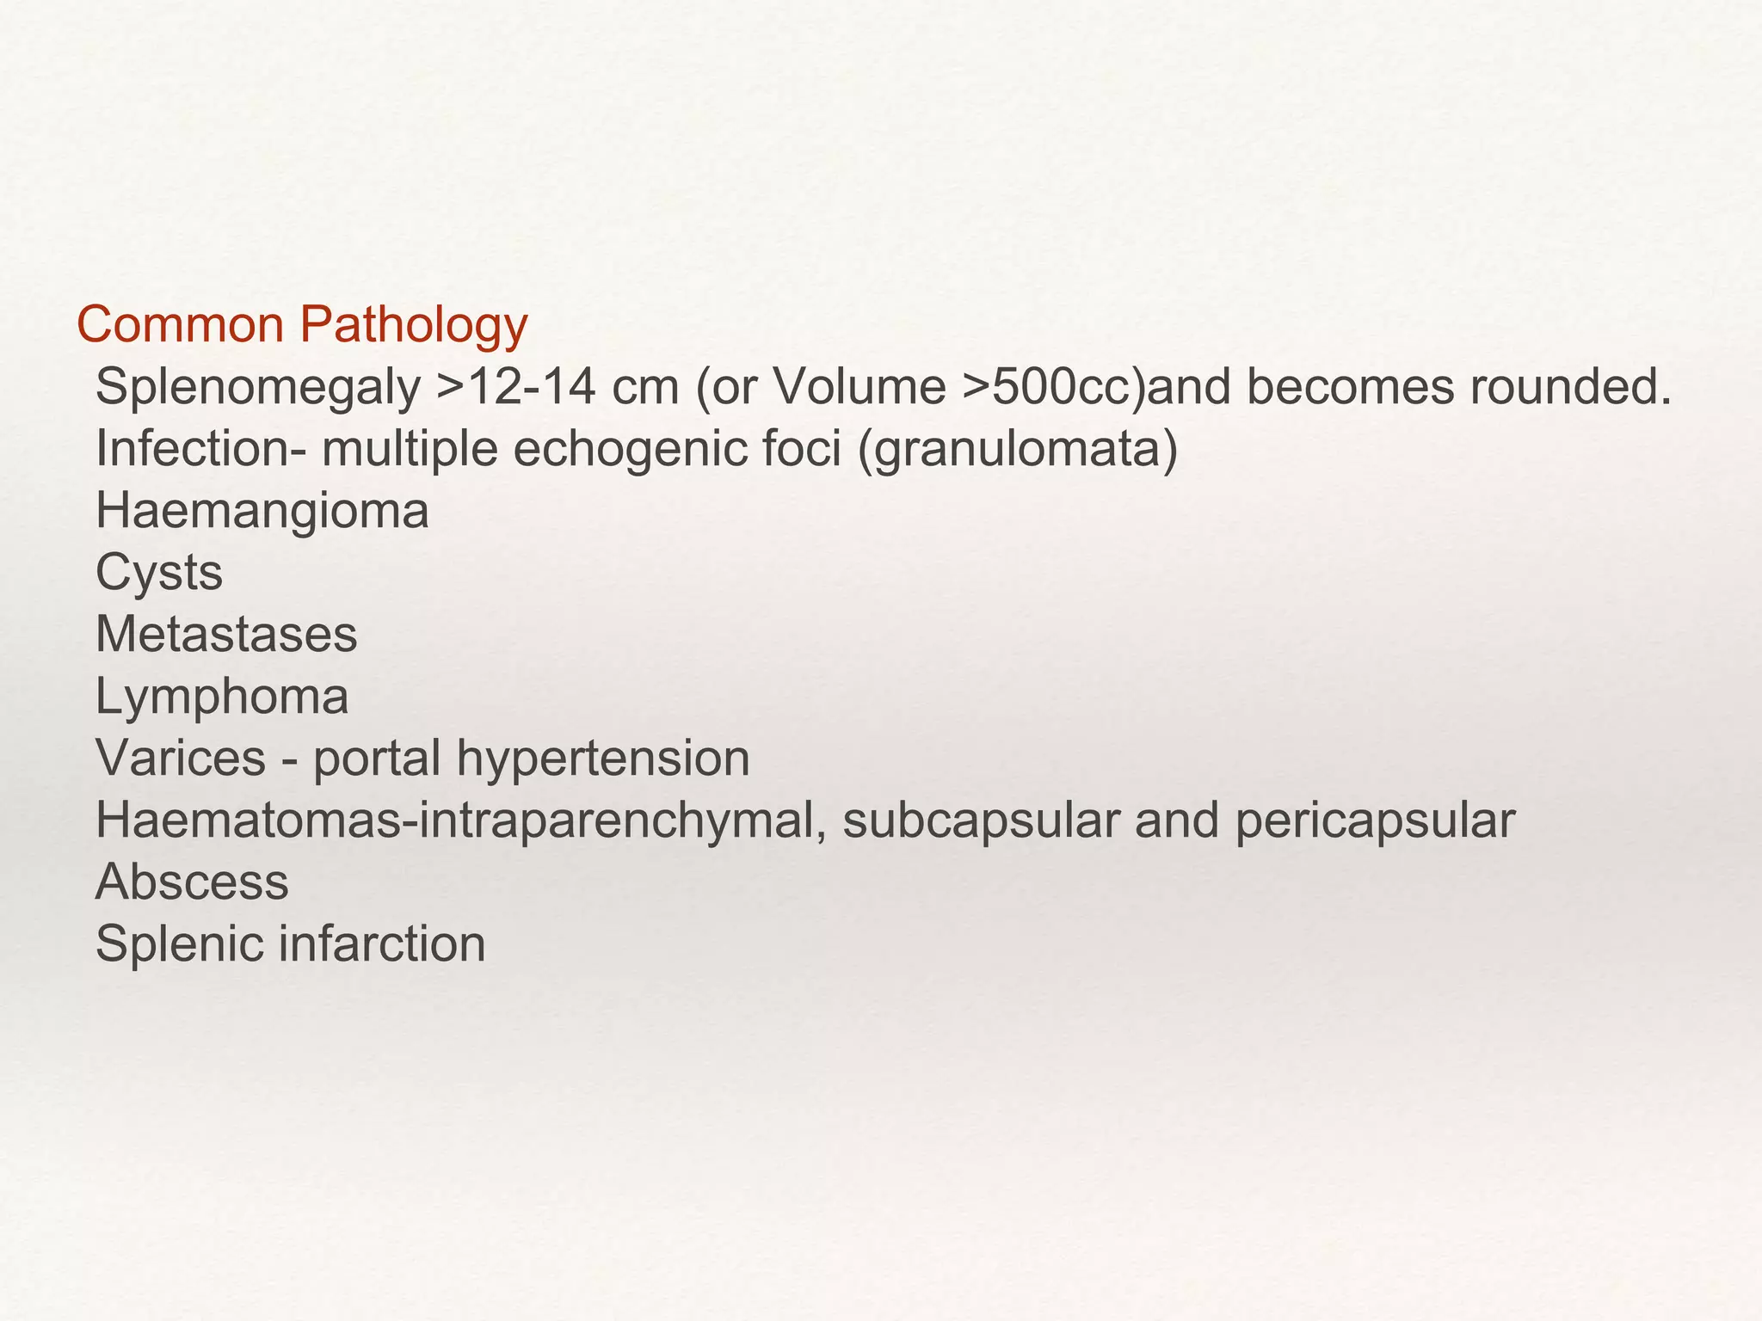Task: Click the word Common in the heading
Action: click(x=180, y=326)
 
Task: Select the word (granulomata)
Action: click(x=1018, y=450)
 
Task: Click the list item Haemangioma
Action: click(x=262, y=512)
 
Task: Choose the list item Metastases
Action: click(x=225, y=635)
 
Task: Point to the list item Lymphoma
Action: click(x=221, y=697)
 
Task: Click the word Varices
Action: click(x=181, y=759)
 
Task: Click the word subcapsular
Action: click(x=981, y=820)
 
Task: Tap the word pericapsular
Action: click(x=1375, y=820)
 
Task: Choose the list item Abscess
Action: click(x=192, y=882)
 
